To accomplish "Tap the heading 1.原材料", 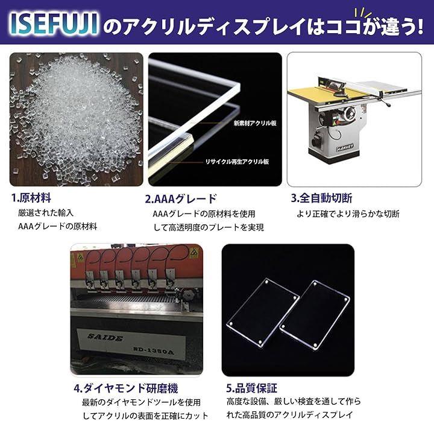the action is pos(31,198).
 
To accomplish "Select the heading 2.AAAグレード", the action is pos(181,199).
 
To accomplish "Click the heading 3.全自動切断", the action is pos(321,198).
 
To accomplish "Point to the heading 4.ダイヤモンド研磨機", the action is pos(126,388).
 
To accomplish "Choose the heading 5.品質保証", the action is pos(251,388).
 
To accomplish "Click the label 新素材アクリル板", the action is pos(255,123).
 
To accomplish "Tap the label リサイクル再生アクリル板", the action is pos(237,162).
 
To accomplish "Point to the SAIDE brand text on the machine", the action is pos(105,338).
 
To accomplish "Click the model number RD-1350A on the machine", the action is pos(154,350).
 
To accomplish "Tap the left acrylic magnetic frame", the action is pos(263,312).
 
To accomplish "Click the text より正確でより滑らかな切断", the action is pos(348,214).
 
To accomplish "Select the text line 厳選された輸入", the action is pos(46,213).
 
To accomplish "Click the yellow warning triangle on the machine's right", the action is pos(193,252).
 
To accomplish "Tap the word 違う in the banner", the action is pos(397,27).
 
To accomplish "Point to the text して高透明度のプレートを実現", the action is pos(209,227).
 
